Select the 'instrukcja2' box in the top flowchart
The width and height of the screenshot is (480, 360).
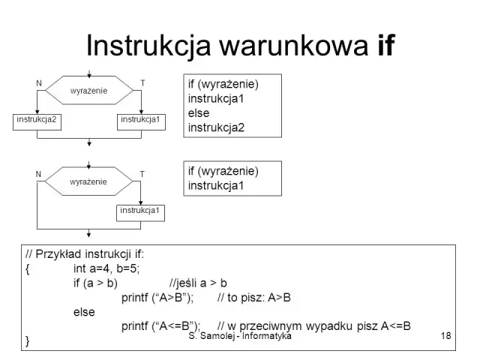coord(37,120)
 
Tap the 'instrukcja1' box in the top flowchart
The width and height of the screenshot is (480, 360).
coord(140,120)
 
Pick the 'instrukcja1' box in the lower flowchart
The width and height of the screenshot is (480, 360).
coord(140,211)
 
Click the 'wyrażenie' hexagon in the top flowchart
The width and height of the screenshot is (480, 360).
coord(88,91)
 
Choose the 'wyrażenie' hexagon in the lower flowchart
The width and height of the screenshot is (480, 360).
coord(88,182)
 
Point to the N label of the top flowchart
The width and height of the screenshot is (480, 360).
coord(38,82)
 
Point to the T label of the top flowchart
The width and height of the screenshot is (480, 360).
coord(142,82)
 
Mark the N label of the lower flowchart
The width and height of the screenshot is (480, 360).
coord(38,174)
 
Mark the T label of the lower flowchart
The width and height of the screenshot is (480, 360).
coord(142,174)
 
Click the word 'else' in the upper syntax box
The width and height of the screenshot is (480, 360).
coord(199,113)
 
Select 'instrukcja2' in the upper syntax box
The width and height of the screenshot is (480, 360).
coord(217,127)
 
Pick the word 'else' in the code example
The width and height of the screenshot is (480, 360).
coord(84,312)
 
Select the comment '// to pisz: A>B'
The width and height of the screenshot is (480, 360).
coord(253,298)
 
